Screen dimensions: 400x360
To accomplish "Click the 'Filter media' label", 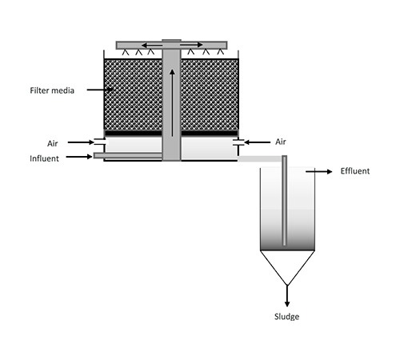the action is [52, 90].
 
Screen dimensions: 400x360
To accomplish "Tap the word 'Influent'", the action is [44, 158].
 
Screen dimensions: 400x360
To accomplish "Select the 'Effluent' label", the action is [355, 171].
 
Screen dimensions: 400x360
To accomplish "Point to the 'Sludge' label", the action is [286, 317].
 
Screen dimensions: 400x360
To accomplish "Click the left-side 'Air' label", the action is [53, 143].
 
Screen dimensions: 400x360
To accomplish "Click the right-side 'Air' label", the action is [281, 142].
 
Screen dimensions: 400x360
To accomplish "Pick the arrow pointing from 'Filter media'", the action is [100, 90].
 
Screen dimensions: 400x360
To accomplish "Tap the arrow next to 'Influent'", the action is [79, 157].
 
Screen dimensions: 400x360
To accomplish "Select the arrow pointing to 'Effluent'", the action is [318, 171].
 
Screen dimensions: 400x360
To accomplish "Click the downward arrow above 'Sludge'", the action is [287, 296].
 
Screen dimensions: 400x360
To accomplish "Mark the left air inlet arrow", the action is [81, 142].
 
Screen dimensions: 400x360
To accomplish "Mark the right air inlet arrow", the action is [257, 142].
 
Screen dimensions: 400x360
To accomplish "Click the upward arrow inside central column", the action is [172, 102].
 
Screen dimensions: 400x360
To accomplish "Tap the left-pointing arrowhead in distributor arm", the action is [144, 45].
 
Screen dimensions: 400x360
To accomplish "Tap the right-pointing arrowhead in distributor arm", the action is [200, 45].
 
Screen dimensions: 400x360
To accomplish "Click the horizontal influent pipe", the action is [128, 155].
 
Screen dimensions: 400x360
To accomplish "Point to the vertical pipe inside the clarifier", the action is [285, 201].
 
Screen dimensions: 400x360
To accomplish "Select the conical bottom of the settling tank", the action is [287, 268].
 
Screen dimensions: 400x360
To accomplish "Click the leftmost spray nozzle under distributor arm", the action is [126, 52].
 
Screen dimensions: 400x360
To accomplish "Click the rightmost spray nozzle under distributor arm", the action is [220, 52].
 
